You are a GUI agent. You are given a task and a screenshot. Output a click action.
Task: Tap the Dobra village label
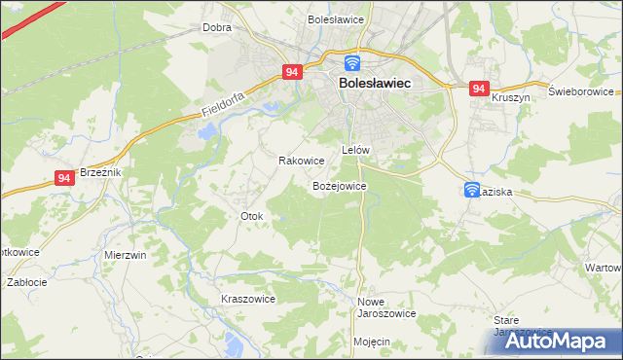(x=216, y=28)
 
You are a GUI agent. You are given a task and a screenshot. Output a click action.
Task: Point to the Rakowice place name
(x=301, y=161)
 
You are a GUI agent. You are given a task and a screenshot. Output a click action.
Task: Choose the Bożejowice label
(x=339, y=185)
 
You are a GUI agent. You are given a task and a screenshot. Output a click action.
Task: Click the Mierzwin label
(x=125, y=255)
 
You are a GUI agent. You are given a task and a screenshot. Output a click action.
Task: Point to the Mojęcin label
(x=372, y=342)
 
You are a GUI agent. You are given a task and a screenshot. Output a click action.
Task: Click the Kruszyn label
(x=510, y=98)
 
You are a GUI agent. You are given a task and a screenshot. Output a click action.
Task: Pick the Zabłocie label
(x=27, y=282)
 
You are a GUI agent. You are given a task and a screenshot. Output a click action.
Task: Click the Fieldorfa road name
(x=223, y=105)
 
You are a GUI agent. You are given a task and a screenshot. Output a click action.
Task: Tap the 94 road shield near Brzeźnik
(x=64, y=178)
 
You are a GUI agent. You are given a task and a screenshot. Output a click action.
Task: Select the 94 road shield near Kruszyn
(x=478, y=89)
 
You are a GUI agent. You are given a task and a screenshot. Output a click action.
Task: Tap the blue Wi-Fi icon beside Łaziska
(x=472, y=191)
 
